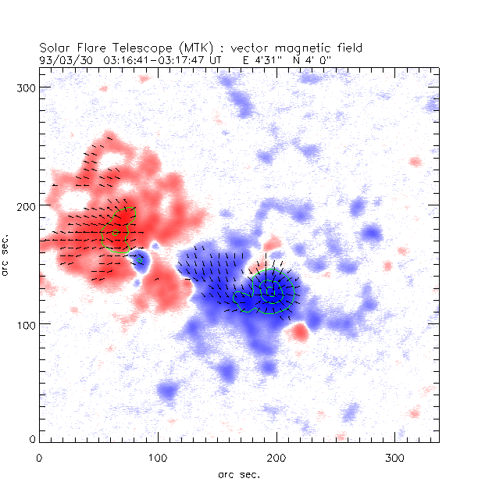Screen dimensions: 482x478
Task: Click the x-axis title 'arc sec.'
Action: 238,473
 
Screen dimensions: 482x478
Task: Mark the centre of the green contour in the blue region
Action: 269,291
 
